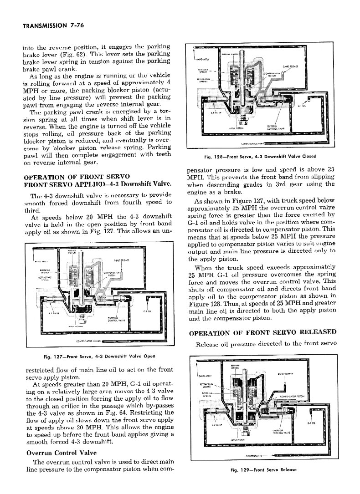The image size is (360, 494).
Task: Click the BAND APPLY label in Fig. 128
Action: (x=202, y=59)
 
